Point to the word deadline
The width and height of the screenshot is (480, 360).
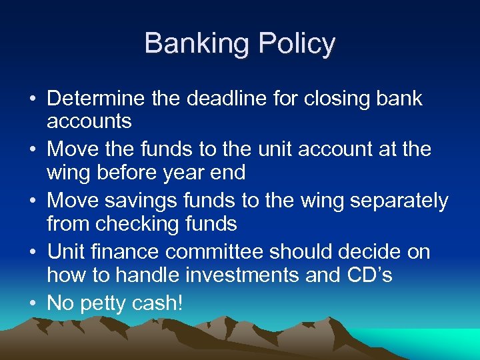(x=226, y=99)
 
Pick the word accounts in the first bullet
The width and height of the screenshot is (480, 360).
(x=89, y=121)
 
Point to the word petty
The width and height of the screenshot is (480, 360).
(x=103, y=303)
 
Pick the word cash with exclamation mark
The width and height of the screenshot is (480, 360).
(x=158, y=303)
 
